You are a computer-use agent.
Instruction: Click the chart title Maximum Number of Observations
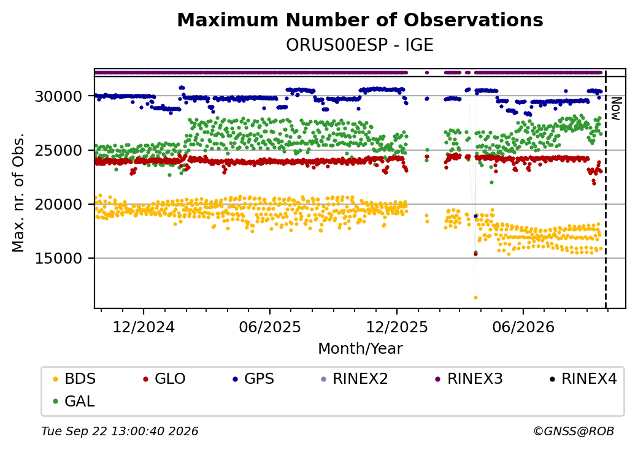pos(360,20)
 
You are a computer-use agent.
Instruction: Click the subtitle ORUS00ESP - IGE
pos(359,45)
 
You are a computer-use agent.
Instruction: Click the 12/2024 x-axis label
pos(143,327)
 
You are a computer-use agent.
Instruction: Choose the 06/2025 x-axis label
pos(270,327)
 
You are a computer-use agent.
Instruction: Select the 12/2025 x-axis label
pos(397,327)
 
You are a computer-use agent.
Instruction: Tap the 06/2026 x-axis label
pos(523,327)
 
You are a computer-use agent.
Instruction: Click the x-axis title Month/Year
pos(360,349)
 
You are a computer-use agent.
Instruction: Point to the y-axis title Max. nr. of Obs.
pos(18,193)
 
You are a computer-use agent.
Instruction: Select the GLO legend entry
pos(164,379)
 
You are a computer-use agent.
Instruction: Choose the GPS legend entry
pos(253,379)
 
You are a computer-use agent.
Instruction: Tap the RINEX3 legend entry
pos(469,379)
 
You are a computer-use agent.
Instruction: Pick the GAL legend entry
pos(74,401)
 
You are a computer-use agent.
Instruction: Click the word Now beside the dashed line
pos(617,109)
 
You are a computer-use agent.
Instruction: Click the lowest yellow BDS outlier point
pos(475,297)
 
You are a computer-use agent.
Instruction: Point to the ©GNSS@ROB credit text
pos(574,431)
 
